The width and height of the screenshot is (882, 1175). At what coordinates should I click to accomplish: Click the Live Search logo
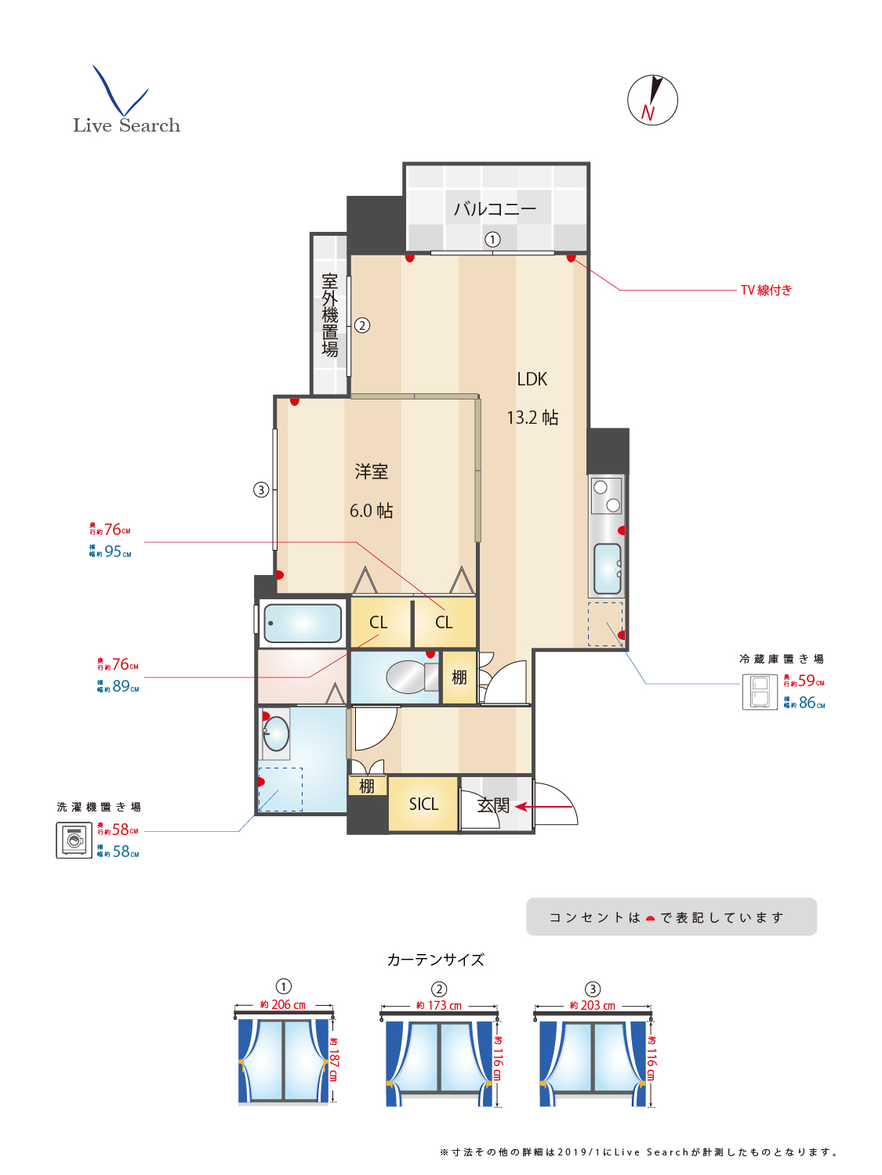pos(125,102)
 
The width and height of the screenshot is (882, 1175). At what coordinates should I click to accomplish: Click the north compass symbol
pos(652,100)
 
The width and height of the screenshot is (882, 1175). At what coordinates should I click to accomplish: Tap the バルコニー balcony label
pos(495,209)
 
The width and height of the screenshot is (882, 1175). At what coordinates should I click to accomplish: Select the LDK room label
pos(532,379)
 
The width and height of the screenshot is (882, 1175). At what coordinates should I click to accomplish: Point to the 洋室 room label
pos(371,472)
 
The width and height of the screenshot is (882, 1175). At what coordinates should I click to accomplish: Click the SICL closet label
pos(423,804)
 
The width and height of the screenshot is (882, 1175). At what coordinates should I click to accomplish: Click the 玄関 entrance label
pos(494,805)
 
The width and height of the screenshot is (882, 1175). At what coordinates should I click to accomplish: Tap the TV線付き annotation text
pos(766,290)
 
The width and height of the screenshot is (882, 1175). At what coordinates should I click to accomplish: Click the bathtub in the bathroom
pos(303,624)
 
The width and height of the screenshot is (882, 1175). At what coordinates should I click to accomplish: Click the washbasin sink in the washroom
pos(276,734)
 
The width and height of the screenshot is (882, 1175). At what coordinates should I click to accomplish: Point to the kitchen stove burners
pos(606,496)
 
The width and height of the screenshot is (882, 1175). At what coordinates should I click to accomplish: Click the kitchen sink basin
pos(607,569)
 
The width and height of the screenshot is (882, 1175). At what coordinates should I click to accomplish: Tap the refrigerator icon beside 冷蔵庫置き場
pos(759,692)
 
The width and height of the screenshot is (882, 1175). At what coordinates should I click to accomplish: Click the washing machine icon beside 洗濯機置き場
pos(74,841)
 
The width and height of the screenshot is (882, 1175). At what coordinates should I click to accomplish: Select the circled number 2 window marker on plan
pos(362,325)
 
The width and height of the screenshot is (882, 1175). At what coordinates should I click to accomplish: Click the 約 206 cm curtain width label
pos(283,1005)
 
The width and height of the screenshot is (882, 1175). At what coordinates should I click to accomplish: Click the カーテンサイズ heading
pos(436,960)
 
